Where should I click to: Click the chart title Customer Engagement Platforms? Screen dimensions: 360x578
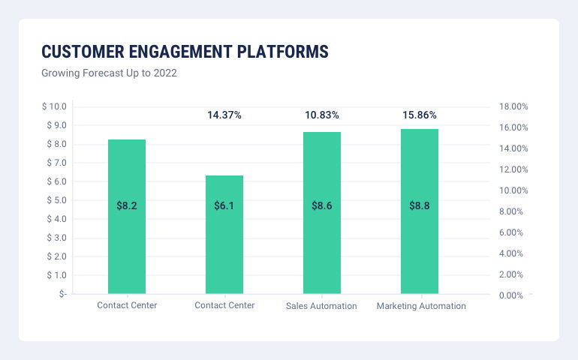click(x=184, y=52)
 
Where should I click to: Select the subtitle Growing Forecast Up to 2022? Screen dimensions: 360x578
click(x=109, y=73)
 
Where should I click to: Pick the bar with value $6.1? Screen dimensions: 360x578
click(x=224, y=247)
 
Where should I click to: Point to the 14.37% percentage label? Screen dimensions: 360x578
click(x=224, y=115)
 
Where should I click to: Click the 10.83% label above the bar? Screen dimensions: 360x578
click(x=322, y=115)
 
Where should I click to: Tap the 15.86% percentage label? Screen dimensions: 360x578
click(x=420, y=115)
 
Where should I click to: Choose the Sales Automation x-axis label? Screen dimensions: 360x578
click(x=321, y=306)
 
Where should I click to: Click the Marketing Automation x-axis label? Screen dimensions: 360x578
click(x=421, y=306)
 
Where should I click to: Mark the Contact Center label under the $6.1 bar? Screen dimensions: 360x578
click(x=224, y=305)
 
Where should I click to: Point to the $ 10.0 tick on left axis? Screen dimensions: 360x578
click(x=54, y=106)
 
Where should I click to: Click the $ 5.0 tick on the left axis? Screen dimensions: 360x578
click(x=56, y=200)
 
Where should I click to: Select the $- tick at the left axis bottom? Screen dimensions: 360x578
click(x=61, y=294)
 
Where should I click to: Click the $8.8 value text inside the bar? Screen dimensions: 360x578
click(x=420, y=205)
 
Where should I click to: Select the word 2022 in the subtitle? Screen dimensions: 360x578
click(x=165, y=73)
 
